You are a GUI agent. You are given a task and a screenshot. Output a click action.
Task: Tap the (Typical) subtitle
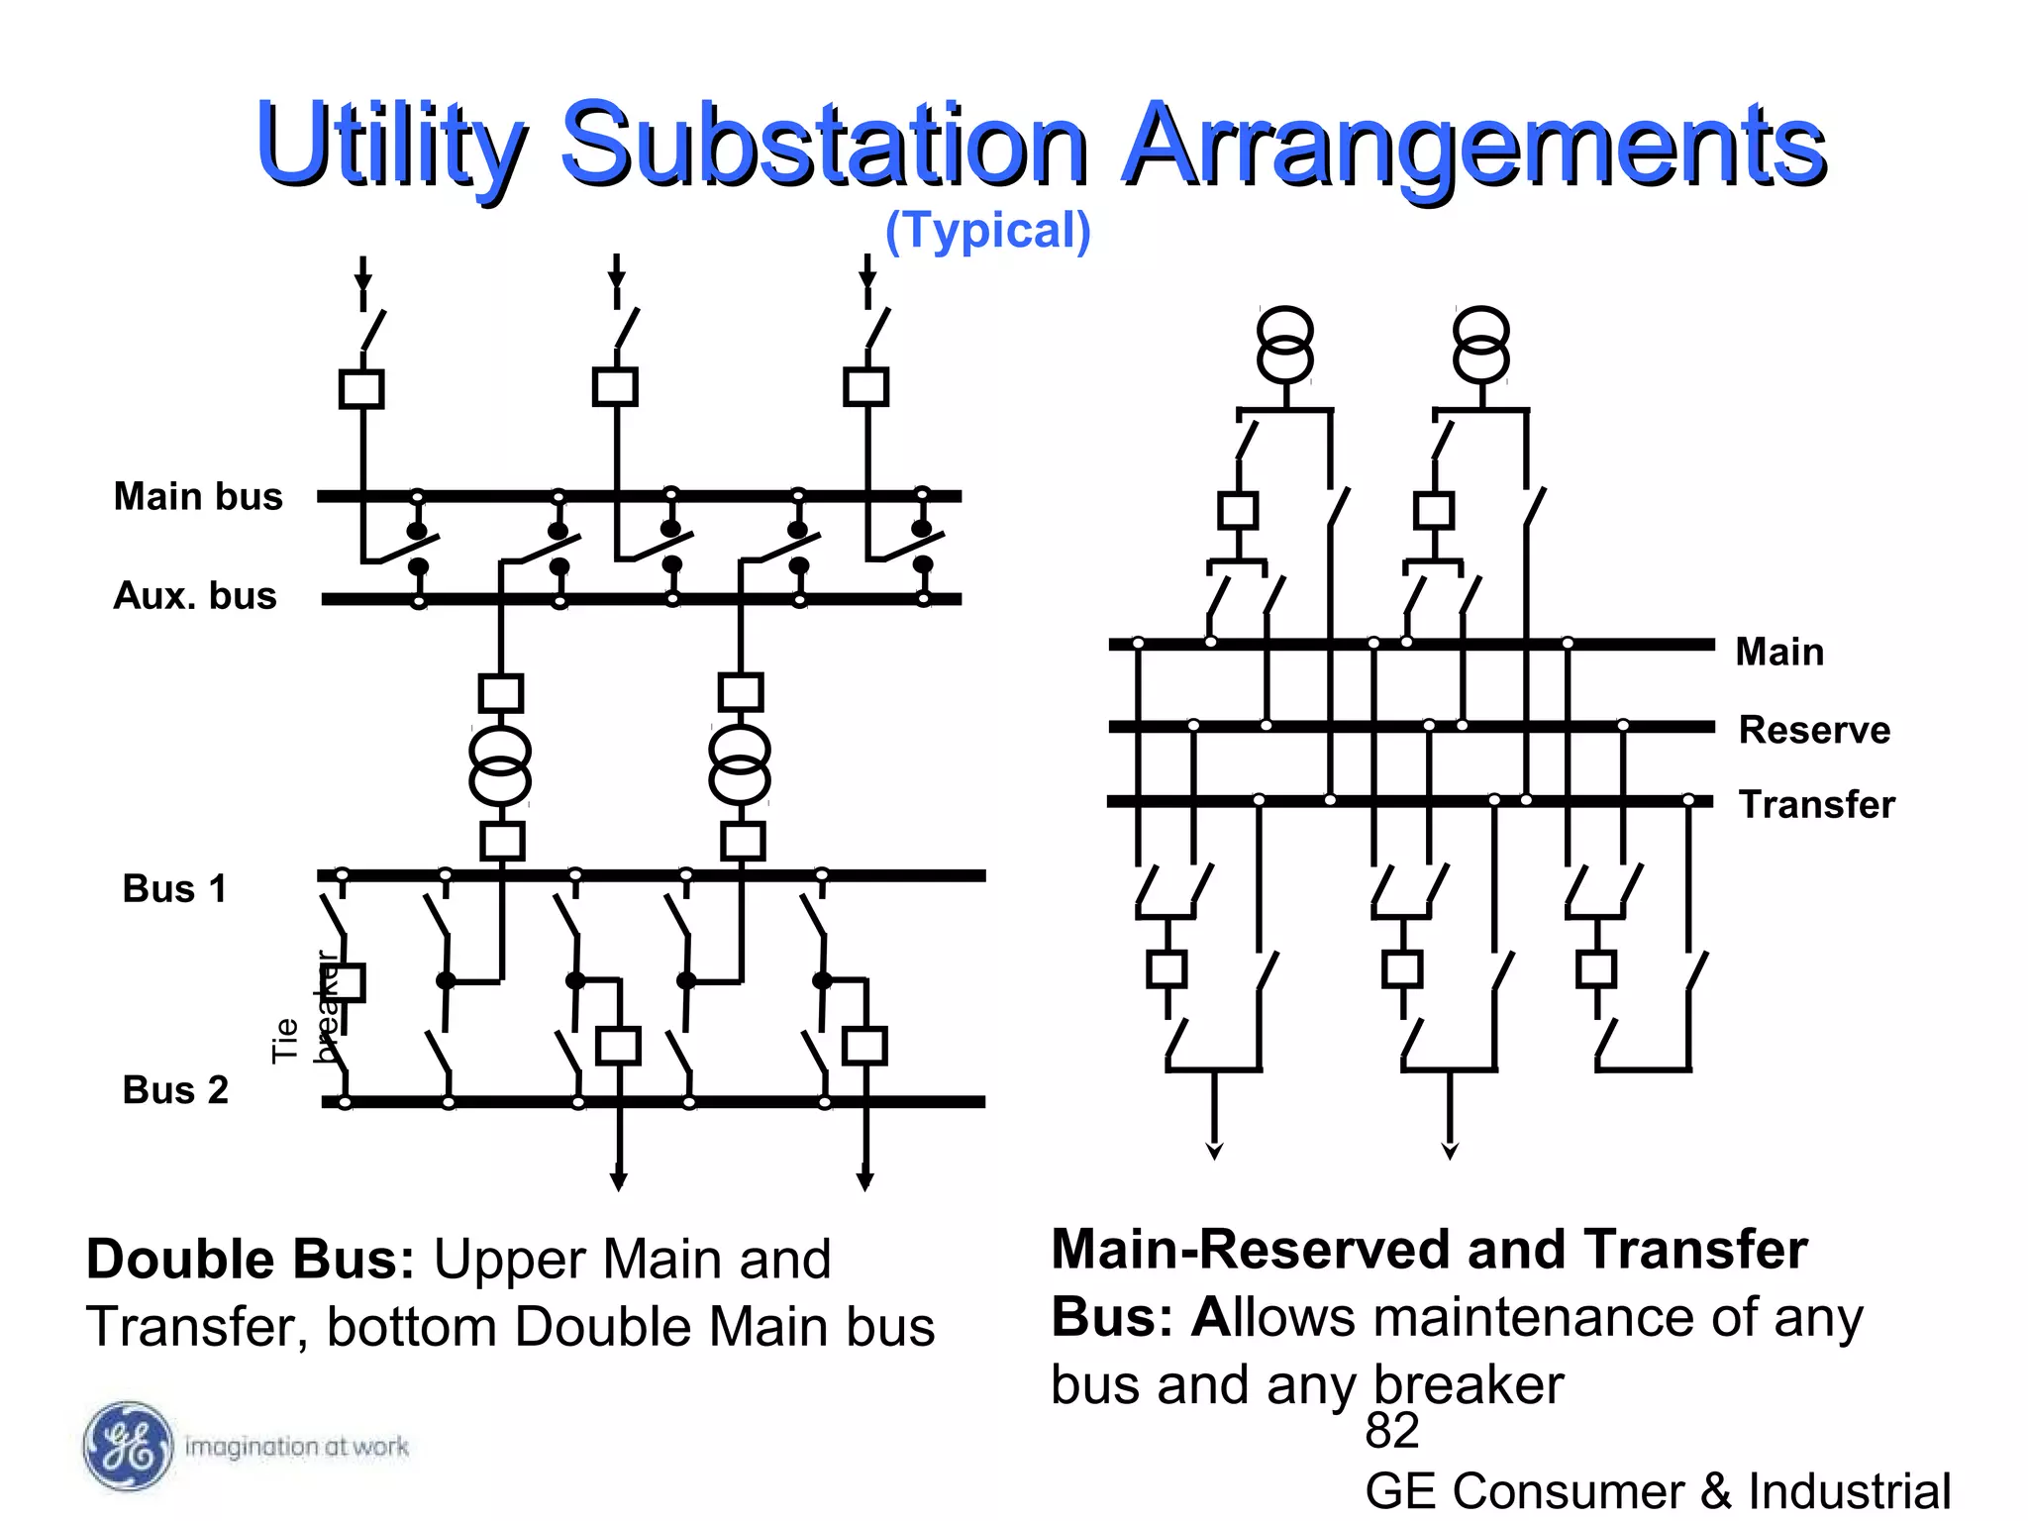pyautogui.click(x=987, y=230)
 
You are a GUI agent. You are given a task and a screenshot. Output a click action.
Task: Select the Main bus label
pyautogui.click(x=198, y=496)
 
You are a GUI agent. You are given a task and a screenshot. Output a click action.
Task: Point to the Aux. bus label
pyautogui.click(x=195, y=595)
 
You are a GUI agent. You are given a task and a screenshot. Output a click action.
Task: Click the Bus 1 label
pyautogui.click(x=174, y=888)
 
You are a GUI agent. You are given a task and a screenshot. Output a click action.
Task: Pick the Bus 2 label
pyautogui.click(x=175, y=1089)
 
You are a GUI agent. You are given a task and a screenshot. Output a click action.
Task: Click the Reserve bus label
pyautogui.click(x=1814, y=730)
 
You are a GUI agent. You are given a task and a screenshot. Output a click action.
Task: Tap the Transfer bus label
pyautogui.click(x=1816, y=804)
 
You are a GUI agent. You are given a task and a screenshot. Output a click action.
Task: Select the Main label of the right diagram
pyautogui.click(x=1779, y=652)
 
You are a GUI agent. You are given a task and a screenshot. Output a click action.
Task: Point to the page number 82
pyautogui.click(x=1391, y=1431)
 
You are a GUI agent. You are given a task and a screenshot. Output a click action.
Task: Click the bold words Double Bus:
pyautogui.click(x=251, y=1260)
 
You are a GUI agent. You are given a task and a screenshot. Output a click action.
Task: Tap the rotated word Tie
pyautogui.click(x=285, y=1040)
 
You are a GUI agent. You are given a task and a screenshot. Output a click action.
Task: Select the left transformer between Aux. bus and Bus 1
pyautogui.click(x=500, y=765)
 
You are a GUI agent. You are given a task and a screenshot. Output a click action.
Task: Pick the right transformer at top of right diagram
pyautogui.click(x=1481, y=345)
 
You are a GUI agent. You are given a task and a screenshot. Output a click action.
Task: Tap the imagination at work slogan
pyautogui.click(x=296, y=1447)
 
